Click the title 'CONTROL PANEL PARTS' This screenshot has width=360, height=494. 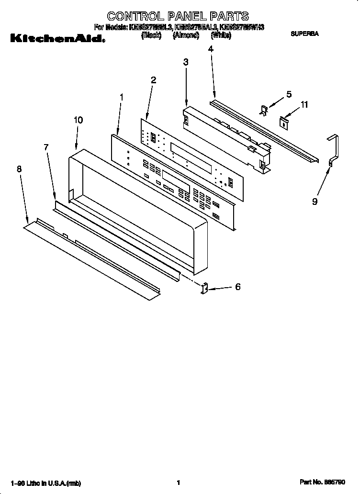coord(178,17)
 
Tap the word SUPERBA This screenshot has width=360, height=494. coord(304,34)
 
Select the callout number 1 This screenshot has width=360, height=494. coord(121,97)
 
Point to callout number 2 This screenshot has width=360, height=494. coord(153,80)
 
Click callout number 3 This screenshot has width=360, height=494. coord(186,62)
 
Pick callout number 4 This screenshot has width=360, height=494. coord(211,48)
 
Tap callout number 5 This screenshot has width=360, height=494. coord(289,94)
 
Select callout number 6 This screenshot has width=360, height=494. coord(237,287)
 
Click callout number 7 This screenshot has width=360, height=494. coord(46,147)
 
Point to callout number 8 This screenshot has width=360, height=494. coord(19,168)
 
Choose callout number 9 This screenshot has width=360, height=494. coord(315,202)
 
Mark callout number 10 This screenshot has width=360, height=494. coord(78,120)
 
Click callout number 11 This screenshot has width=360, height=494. coord(304,105)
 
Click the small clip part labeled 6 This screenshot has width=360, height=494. coord(204,289)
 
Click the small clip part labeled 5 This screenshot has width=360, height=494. coord(264,110)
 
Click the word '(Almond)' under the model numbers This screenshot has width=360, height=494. coord(186,35)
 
